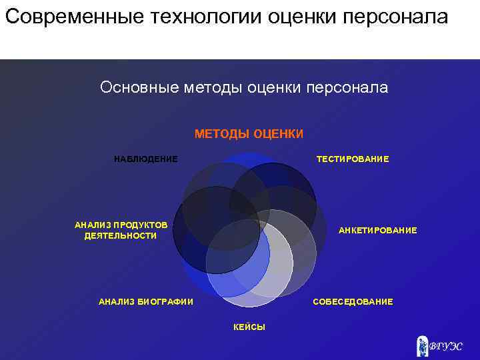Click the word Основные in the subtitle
coord(137,88)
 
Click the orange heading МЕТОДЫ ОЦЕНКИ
coord(249,134)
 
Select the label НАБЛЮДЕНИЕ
coord(146,159)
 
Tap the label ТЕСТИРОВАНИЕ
coord(353,159)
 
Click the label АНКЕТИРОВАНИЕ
coord(377,230)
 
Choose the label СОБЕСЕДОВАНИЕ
coord(353,302)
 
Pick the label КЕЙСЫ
coord(249,327)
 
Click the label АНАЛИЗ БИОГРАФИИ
coord(146,302)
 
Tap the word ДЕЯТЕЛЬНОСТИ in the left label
coord(121,236)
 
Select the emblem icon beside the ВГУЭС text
coord(422,345)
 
